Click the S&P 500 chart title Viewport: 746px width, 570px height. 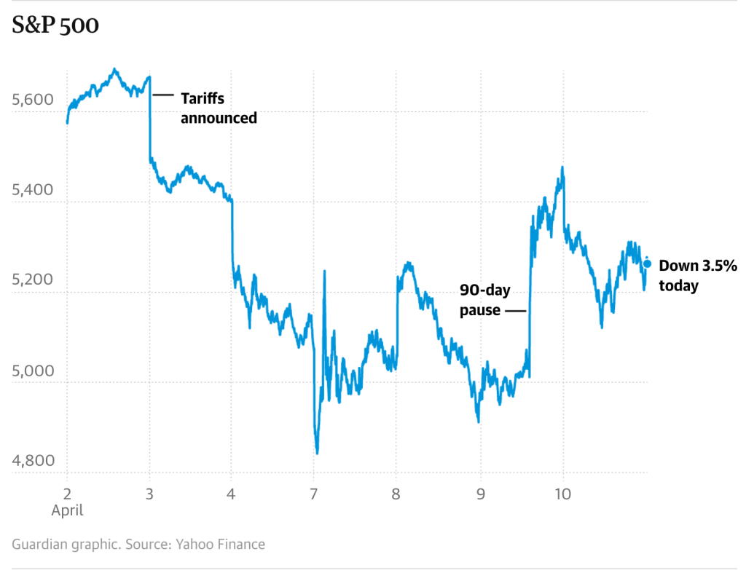click(55, 25)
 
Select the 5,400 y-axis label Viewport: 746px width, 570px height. click(33, 190)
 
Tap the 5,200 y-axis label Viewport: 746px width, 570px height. click(33, 280)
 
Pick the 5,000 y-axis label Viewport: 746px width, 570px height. click(33, 371)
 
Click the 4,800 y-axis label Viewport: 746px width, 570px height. click(33, 461)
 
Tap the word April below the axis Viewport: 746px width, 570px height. click(67, 510)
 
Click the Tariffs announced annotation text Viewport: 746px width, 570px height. click(219, 107)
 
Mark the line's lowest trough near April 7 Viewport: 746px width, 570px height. click(317, 453)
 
